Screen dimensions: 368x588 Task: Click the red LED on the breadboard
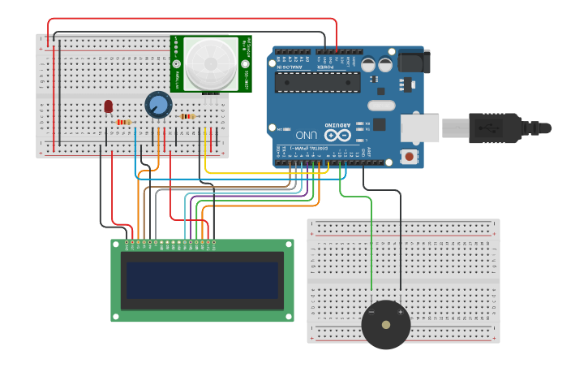(x=109, y=106)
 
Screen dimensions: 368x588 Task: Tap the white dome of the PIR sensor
(x=210, y=63)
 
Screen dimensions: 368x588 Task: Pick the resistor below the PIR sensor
(x=187, y=116)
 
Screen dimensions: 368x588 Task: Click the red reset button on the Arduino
(x=410, y=155)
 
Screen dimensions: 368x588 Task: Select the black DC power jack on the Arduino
(x=414, y=62)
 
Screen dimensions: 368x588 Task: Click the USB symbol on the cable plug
(x=489, y=128)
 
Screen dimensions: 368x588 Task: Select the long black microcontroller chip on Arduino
(x=317, y=82)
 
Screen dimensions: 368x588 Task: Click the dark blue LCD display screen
(x=202, y=279)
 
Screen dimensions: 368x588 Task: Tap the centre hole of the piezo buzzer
(x=386, y=325)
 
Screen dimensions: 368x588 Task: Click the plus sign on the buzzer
(x=400, y=312)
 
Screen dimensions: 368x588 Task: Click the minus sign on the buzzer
(x=371, y=312)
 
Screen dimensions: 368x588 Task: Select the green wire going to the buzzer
(x=371, y=244)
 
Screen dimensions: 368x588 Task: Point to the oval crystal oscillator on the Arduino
(x=380, y=106)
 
